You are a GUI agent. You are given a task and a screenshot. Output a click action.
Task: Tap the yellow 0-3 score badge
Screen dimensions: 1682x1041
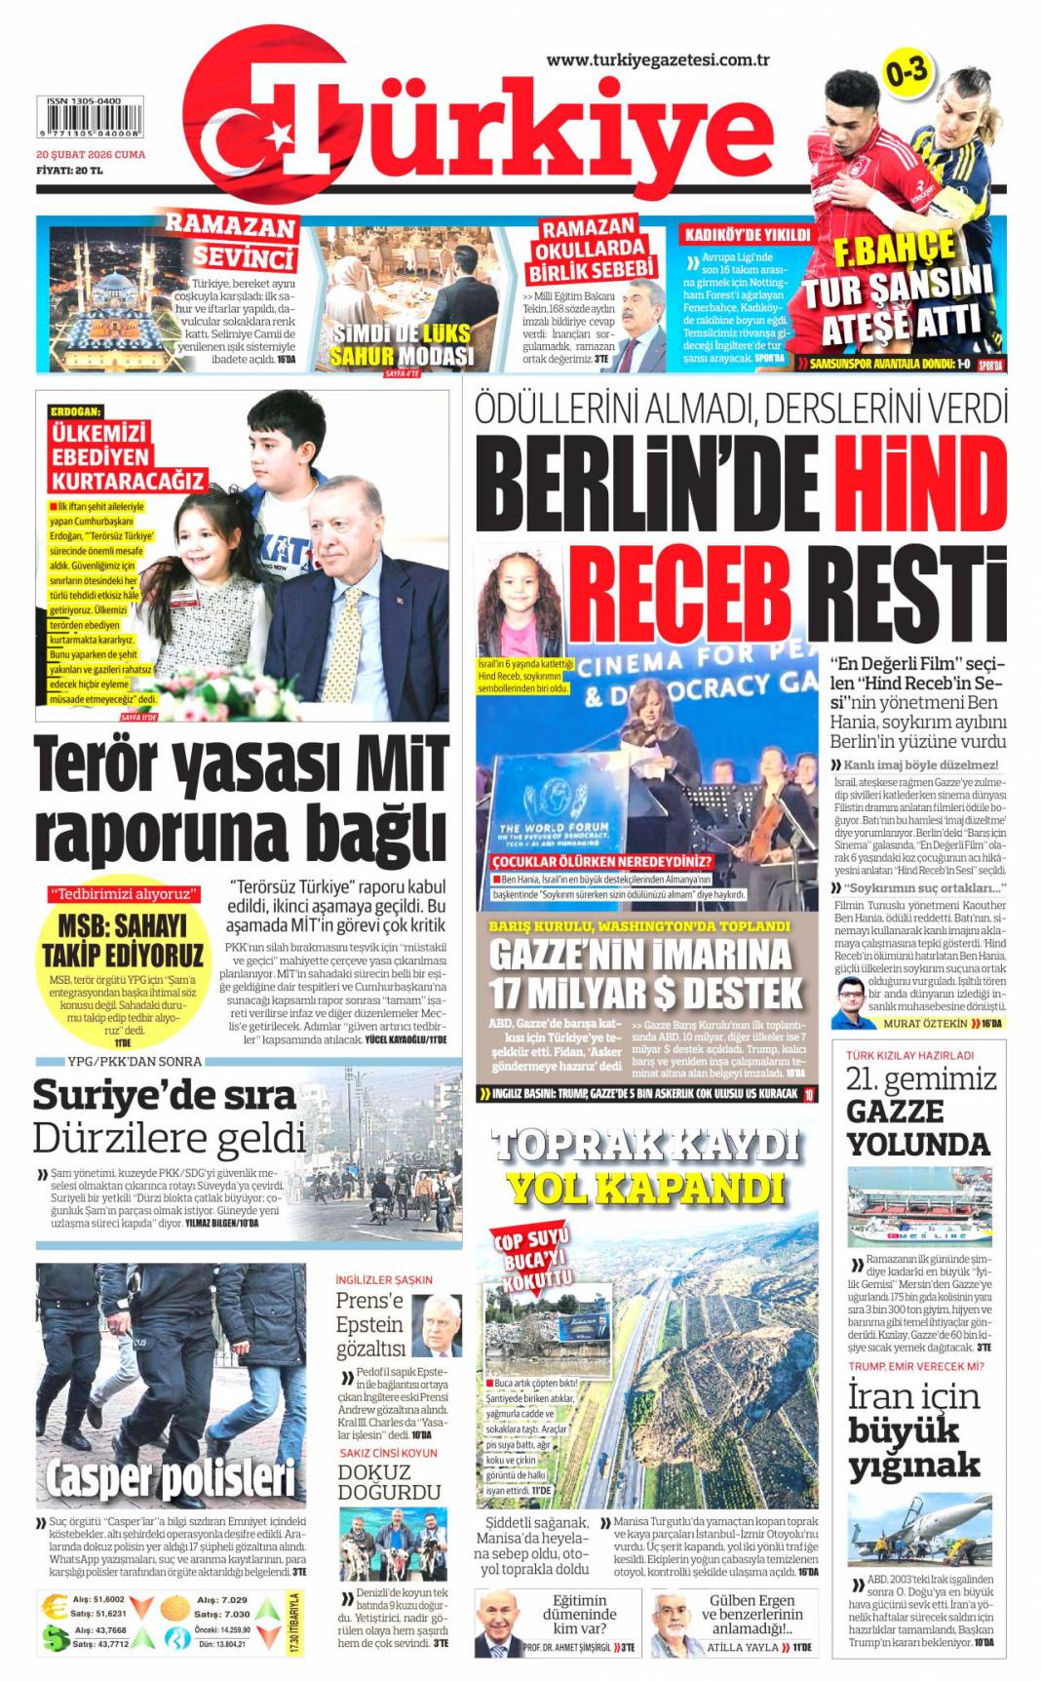pos(906,73)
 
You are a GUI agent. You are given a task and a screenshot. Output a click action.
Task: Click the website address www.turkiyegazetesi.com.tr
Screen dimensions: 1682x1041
pos(658,59)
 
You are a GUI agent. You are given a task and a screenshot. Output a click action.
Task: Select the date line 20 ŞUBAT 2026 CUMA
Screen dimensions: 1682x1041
pos(91,154)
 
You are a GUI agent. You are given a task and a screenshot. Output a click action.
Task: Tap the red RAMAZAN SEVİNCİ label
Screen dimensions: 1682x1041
pos(230,240)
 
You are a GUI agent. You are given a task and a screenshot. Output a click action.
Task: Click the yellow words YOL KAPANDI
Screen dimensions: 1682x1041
pos(645,1188)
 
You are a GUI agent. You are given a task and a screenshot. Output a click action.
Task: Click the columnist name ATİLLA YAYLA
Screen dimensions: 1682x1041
pos(743,1647)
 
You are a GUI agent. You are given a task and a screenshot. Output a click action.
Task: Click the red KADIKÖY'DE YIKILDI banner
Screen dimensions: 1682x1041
pos(747,235)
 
